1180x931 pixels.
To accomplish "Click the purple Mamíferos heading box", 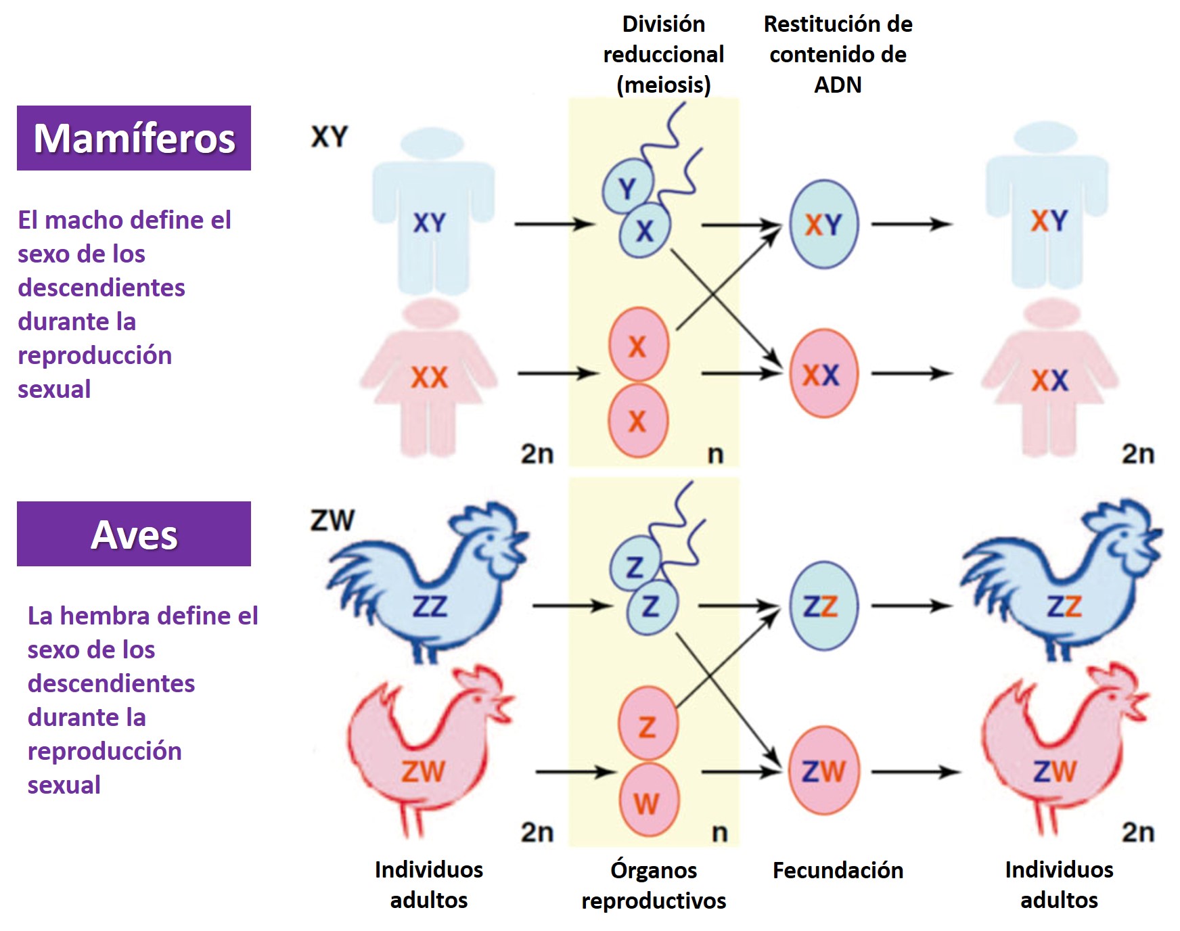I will point(134,138).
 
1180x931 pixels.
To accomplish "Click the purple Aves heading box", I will point(134,534).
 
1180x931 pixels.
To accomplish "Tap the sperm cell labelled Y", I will point(627,187).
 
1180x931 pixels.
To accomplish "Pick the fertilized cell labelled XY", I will point(823,224).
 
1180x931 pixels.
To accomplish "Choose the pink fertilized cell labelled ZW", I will point(823,771).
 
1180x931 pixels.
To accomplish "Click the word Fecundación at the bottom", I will point(838,870).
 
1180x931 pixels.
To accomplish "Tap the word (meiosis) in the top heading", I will point(663,85).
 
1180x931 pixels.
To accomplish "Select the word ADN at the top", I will point(838,85).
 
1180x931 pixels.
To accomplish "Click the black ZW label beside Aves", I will point(332,520).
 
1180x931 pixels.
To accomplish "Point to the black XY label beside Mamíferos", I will point(330,137).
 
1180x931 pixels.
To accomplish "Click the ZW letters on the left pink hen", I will point(423,771).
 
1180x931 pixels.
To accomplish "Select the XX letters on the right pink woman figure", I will point(1049,381).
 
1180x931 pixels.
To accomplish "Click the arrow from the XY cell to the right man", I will point(911,224).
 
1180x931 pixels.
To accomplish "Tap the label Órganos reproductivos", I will point(654,885).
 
